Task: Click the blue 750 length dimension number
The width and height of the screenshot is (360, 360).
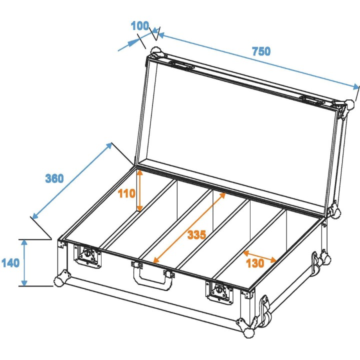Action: (261, 51)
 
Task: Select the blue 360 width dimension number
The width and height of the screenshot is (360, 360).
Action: (54, 178)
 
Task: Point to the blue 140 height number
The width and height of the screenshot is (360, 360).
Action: (10, 262)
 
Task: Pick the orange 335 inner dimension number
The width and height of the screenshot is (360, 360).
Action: (196, 234)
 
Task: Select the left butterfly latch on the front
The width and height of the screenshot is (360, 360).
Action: (88, 255)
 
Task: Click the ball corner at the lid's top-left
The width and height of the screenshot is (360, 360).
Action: (155, 51)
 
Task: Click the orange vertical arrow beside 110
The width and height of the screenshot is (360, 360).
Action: (140, 190)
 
